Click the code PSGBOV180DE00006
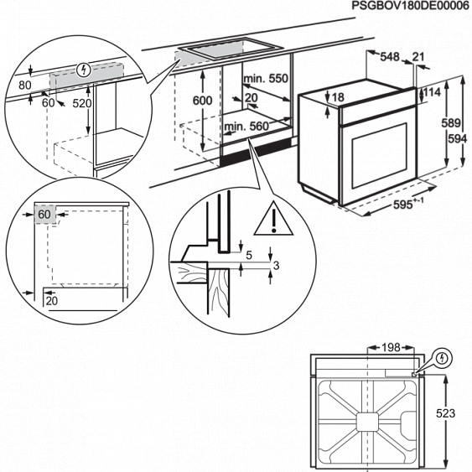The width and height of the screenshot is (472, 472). point(410,6)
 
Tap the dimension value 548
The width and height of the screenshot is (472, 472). point(390,57)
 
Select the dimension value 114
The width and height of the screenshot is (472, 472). point(433,92)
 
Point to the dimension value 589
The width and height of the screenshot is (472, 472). point(451,122)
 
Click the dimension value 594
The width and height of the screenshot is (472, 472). point(458,139)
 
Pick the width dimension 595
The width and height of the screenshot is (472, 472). point(403,205)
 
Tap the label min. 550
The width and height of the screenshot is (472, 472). point(266,79)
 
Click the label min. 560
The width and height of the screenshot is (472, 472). point(246,127)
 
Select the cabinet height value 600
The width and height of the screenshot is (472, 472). point(203,101)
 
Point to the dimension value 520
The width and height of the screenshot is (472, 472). point(82,104)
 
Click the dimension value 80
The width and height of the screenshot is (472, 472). point(25,86)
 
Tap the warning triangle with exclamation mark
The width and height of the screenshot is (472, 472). point(273,218)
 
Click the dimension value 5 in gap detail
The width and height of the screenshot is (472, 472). point(249,255)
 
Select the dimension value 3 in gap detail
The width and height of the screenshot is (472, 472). point(276,265)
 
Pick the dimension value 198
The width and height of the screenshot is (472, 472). point(391,348)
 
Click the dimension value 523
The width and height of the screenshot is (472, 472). point(445,413)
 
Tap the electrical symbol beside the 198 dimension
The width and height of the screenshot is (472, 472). point(442,358)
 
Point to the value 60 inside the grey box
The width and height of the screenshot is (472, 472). point(44,215)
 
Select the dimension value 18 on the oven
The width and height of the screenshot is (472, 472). point(338,97)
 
